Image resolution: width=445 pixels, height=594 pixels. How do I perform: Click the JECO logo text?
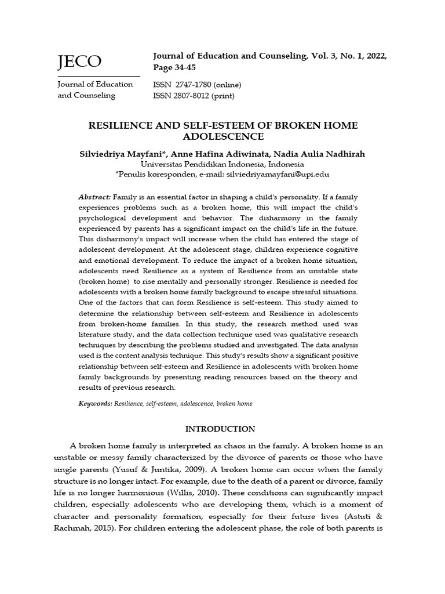[x=79, y=61]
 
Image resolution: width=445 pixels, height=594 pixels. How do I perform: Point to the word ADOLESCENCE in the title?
[x=223, y=136]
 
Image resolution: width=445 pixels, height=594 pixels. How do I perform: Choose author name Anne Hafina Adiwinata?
[x=217, y=154]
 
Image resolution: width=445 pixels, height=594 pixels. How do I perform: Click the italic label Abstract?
[x=95, y=198]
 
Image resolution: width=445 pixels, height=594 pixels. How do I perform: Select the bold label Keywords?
[x=95, y=403]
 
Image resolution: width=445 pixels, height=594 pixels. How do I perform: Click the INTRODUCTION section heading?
[x=220, y=429]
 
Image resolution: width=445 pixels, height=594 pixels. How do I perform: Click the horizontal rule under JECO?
[x=99, y=76]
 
